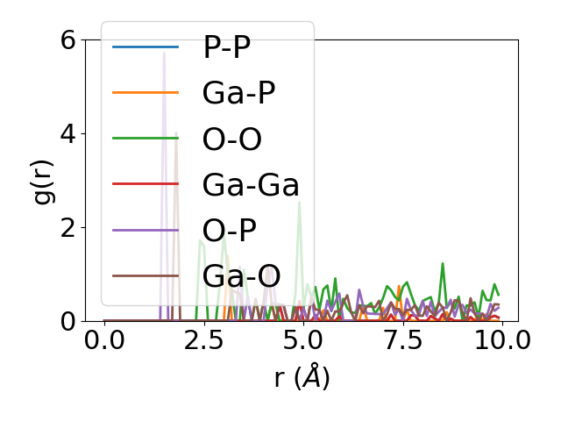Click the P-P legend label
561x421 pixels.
[227, 48]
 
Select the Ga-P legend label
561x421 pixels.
[238, 94]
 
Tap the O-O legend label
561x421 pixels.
[232, 139]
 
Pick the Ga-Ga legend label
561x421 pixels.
[251, 185]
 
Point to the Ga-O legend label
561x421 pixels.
[241, 276]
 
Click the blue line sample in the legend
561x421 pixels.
[146, 46]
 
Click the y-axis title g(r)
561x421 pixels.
[44, 180]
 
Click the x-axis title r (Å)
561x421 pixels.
[302, 378]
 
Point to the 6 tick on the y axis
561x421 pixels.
[67, 39]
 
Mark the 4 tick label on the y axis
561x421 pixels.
[67, 133]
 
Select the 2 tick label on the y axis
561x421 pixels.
[67, 227]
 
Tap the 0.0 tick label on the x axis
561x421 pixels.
[104, 340]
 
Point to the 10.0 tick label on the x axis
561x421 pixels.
[496, 340]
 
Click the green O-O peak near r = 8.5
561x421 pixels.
[443, 264]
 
